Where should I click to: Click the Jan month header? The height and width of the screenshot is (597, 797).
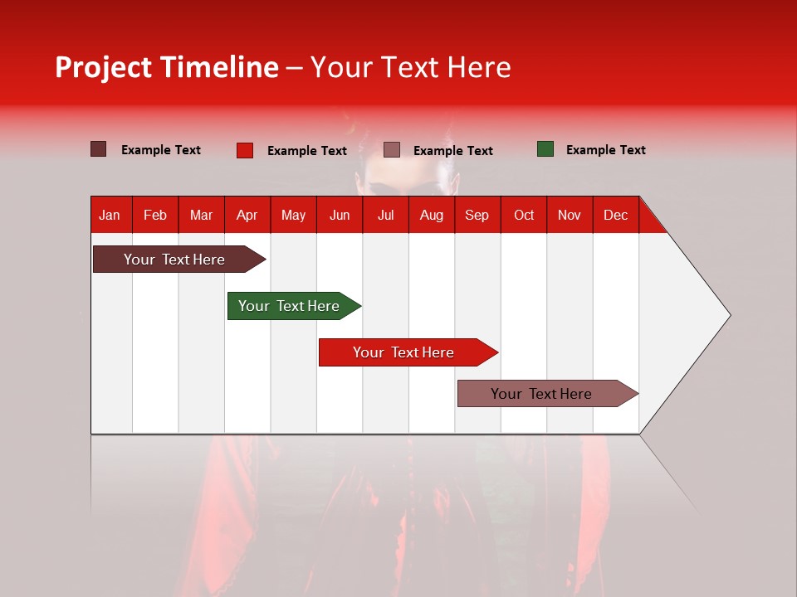(x=110, y=215)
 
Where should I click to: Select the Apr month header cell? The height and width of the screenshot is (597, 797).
(x=247, y=215)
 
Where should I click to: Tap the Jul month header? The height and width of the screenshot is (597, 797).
(x=385, y=215)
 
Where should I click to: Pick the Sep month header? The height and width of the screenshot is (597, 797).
(x=477, y=215)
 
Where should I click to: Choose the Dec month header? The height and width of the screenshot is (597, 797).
(x=615, y=215)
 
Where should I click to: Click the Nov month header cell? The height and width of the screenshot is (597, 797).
(x=569, y=215)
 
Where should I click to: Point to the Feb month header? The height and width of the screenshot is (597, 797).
(x=155, y=215)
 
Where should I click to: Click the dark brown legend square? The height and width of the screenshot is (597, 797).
(x=99, y=149)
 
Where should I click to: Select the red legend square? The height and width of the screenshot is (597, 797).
(x=245, y=150)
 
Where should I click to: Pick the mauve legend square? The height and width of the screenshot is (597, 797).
(x=392, y=149)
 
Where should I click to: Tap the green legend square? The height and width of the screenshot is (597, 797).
(x=545, y=149)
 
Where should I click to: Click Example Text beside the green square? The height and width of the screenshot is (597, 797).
(x=605, y=150)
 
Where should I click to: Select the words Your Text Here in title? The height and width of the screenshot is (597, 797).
(x=410, y=67)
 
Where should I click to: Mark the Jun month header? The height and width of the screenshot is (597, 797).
(x=339, y=215)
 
